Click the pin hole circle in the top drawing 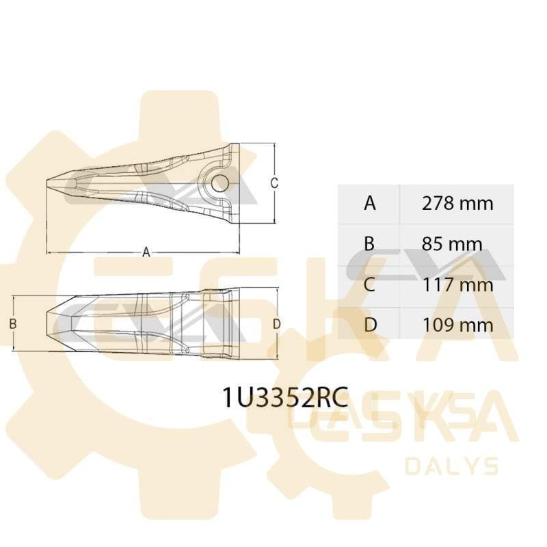[219, 183]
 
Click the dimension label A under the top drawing [146, 252]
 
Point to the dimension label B [12, 323]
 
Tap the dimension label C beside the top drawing [273, 183]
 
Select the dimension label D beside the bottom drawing [276, 323]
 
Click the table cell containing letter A [370, 203]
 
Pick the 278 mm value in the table [457, 203]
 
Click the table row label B [370, 243]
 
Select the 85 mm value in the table [453, 243]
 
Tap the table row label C [370, 284]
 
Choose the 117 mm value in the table [457, 284]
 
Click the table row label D [370, 324]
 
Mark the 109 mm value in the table [457, 324]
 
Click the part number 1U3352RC [285, 397]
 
